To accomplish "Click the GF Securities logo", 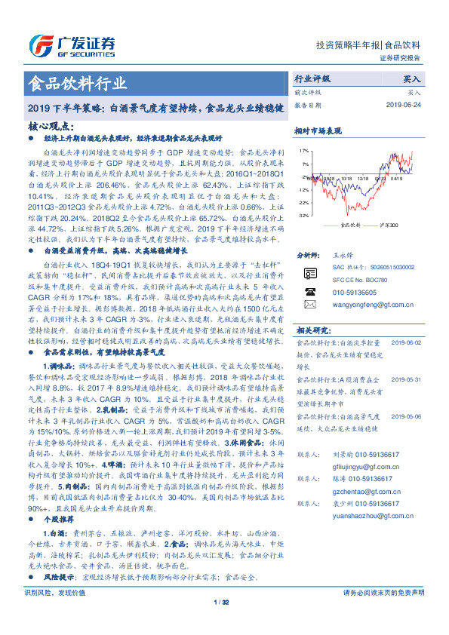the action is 72,44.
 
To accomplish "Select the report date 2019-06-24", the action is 405,104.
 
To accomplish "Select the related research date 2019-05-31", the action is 405,380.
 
